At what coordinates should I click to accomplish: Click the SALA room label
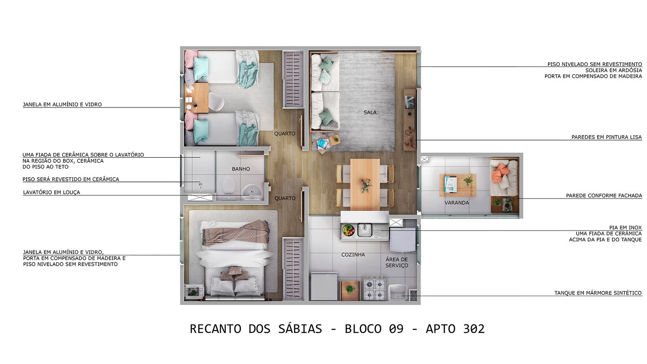pos(370,112)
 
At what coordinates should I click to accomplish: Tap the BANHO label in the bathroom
pos(241,169)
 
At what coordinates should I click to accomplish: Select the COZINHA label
pos(353,254)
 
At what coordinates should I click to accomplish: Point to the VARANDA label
pos(457,203)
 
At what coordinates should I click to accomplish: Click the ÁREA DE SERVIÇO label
pos(397,262)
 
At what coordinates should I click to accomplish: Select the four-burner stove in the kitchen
pos(374,288)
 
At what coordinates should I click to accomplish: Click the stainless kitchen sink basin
pos(365,230)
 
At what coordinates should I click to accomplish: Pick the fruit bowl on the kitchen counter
pos(349,230)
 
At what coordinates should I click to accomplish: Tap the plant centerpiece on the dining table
pos(366,185)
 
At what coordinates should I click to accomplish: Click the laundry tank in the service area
pos(398,292)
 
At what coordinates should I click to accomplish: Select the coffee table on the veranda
pos(458,185)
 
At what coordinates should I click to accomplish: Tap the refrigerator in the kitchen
pos(324,286)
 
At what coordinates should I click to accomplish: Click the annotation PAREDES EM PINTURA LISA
pos(607,137)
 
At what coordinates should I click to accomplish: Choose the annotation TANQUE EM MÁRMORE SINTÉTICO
pos(598,293)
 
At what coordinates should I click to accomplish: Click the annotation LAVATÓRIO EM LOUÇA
pos(51,192)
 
